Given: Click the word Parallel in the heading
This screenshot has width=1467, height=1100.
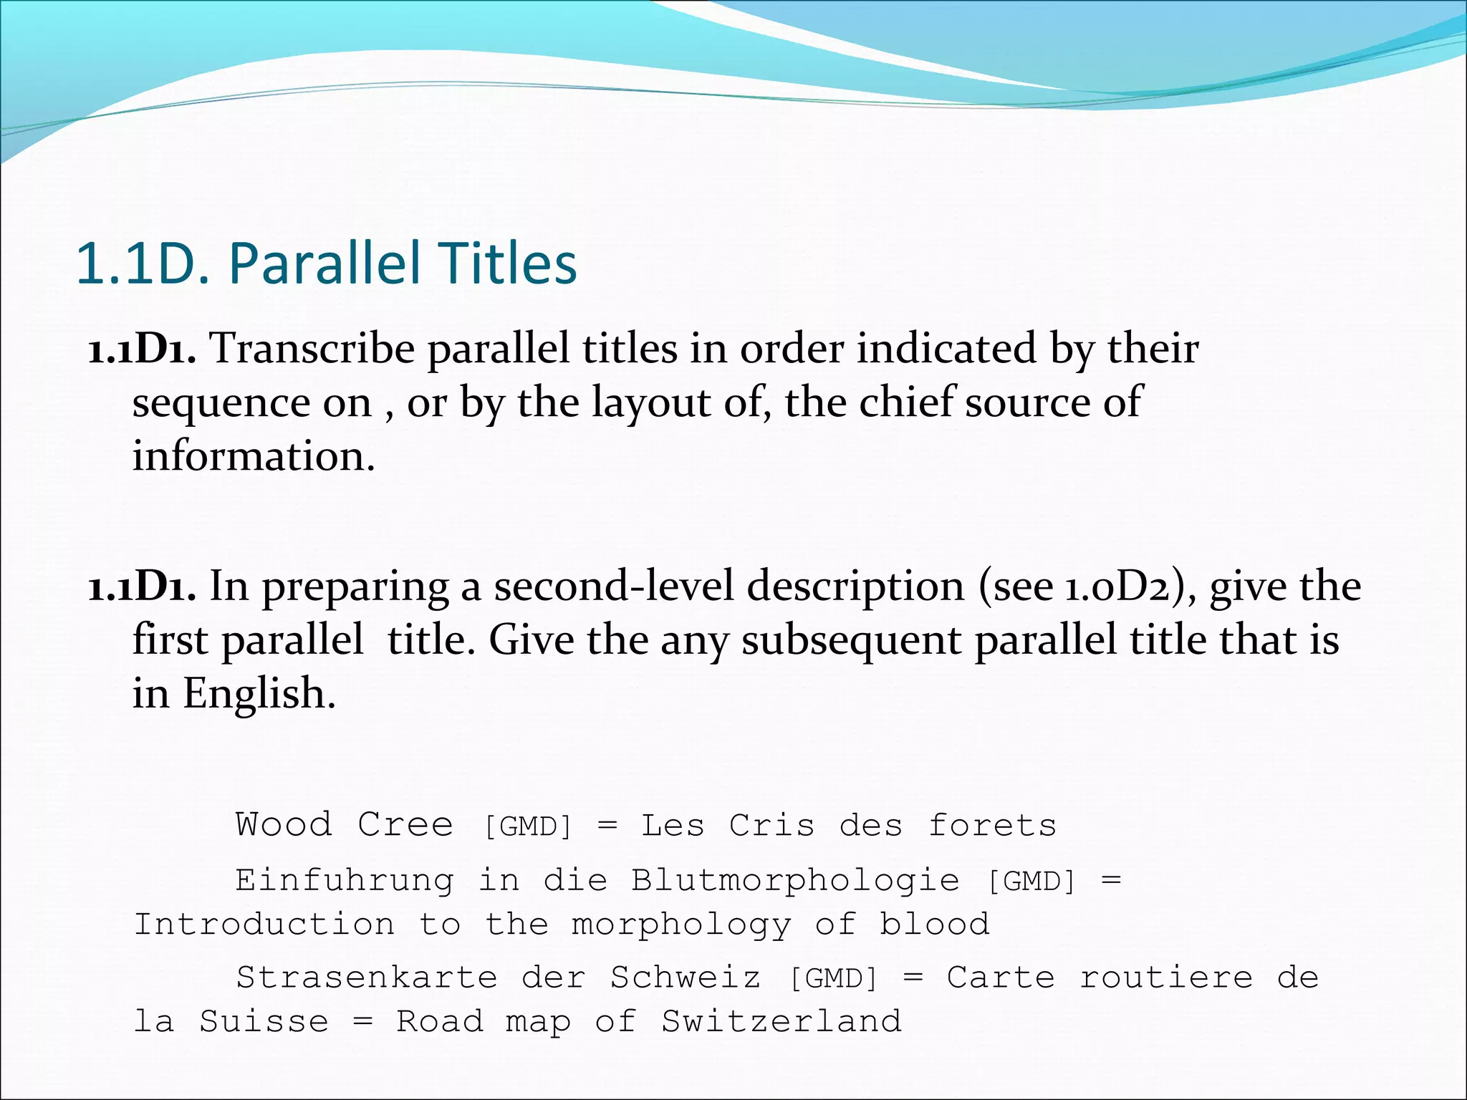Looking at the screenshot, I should (326, 264).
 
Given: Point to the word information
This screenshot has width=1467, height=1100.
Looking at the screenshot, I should (253, 456).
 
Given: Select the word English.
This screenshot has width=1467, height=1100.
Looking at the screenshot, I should (259, 693).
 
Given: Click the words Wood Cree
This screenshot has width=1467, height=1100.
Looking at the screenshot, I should (344, 825).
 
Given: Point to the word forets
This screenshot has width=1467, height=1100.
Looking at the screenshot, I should (992, 825).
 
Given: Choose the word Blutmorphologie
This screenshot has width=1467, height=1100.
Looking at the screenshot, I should (795, 881).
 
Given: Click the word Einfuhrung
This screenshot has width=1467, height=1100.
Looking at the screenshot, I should (345, 881).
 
